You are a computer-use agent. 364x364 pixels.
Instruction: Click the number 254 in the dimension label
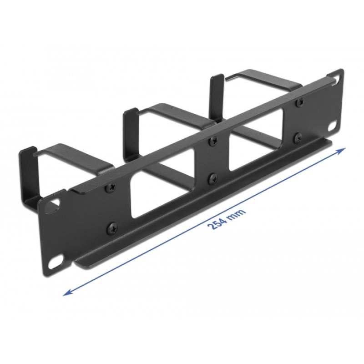click(217, 222)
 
